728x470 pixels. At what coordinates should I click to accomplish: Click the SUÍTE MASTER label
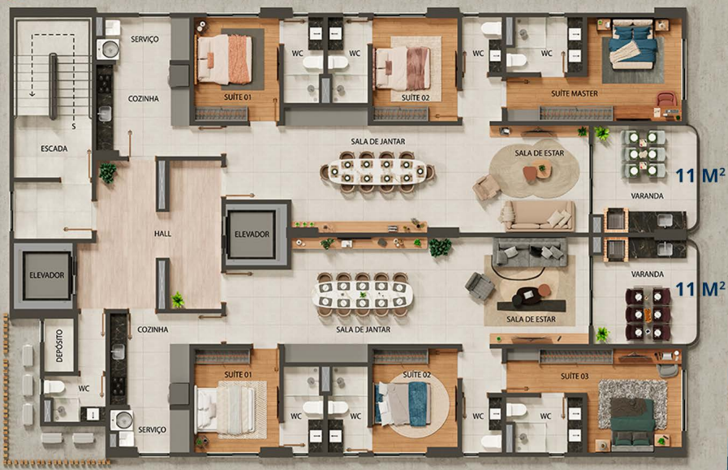tap(575, 93)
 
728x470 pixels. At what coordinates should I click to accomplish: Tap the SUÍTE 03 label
tap(575, 376)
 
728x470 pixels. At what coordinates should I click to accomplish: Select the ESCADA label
tap(54, 149)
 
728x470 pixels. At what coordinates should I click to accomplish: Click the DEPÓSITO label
tap(59, 346)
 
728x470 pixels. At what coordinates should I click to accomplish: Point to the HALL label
tap(162, 234)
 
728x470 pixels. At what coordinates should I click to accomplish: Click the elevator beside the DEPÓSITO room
tap(46, 275)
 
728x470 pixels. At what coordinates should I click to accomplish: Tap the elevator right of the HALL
tap(252, 235)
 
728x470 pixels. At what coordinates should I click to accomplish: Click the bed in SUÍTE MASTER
tap(632, 44)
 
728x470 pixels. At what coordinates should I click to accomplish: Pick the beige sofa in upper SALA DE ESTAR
tap(538, 215)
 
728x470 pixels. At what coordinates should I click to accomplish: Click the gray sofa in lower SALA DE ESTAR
tap(530, 254)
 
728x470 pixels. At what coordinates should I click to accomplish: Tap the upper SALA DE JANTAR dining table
tap(378, 172)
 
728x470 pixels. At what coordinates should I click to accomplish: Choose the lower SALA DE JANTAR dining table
tap(363, 295)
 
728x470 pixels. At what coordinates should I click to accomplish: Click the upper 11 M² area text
tap(700, 175)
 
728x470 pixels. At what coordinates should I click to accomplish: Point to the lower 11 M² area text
tap(700, 289)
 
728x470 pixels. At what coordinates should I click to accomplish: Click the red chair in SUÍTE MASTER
tap(666, 99)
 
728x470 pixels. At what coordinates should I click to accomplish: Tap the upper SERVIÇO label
tap(144, 40)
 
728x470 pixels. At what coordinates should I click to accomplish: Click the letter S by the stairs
tap(73, 127)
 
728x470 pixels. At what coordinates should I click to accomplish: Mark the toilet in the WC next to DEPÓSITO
tap(54, 386)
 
